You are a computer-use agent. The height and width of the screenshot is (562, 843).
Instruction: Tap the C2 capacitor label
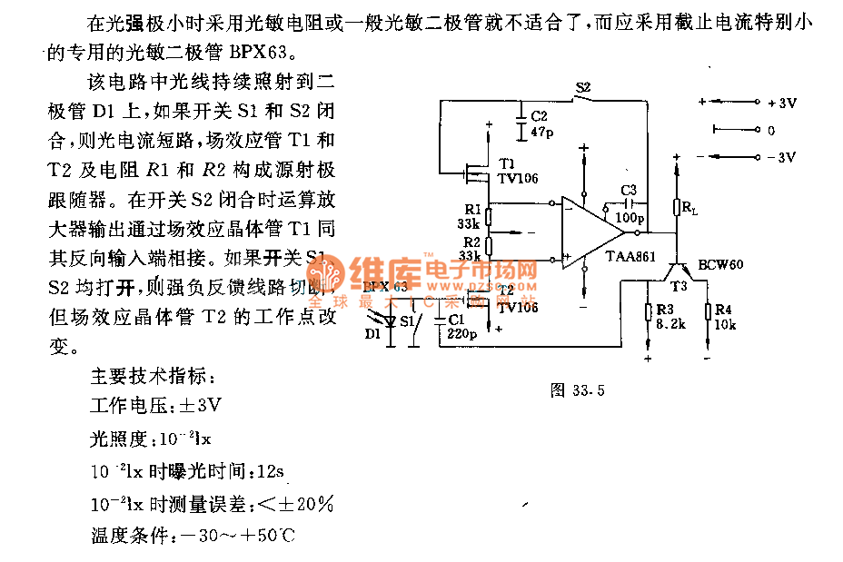[x=539, y=117]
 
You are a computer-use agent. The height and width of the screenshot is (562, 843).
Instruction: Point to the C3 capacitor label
[x=630, y=189]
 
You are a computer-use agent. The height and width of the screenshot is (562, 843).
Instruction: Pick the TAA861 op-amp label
[x=630, y=257]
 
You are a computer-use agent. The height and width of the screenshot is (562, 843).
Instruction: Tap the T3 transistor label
[x=679, y=285]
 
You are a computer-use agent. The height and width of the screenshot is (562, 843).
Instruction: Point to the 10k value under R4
[x=725, y=323]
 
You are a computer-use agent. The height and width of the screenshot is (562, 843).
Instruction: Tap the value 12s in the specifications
[x=270, y=471]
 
